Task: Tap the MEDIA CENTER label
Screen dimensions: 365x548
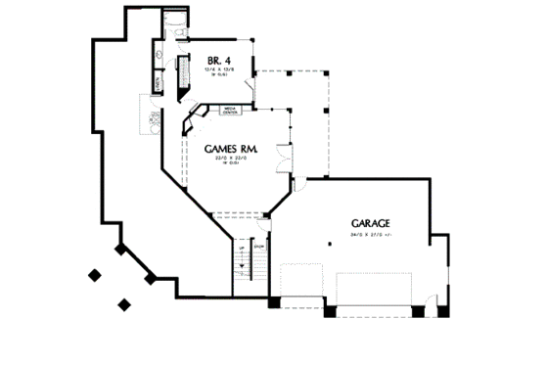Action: point(230,111)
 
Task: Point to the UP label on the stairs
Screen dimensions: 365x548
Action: point(240,249)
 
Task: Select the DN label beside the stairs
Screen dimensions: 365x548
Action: point(258,247)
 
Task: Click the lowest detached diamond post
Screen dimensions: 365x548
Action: point(124,304)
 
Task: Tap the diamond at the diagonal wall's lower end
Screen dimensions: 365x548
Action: point(151,279)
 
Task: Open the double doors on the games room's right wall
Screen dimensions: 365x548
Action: point(283,157)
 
